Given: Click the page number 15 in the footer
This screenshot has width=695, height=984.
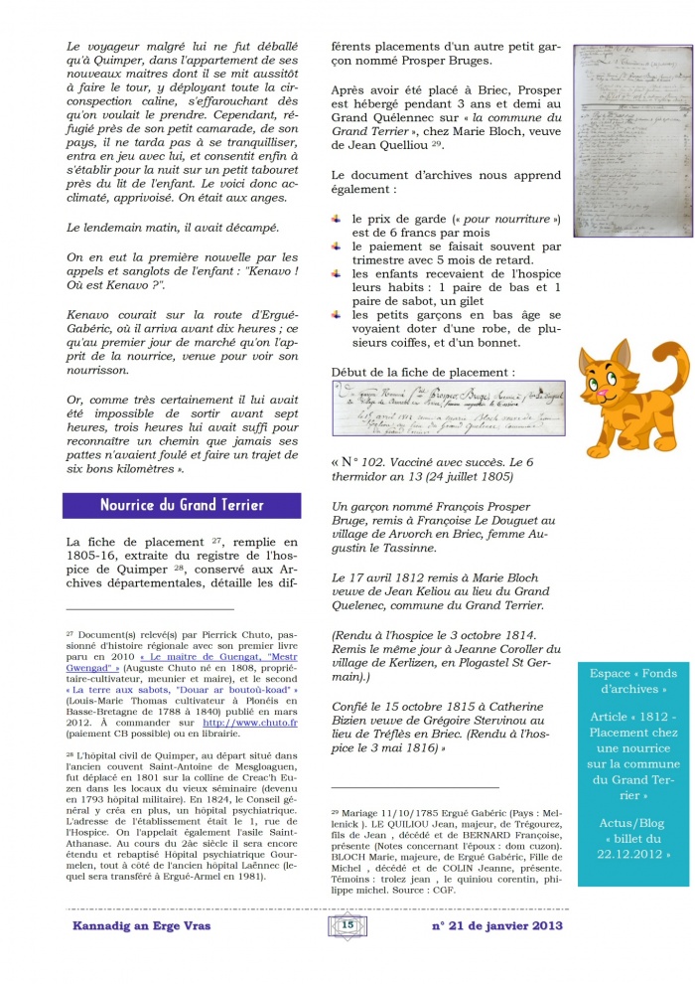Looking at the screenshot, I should (347, 924).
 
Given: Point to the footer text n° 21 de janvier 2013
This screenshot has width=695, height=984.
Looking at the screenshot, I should (496, 925).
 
